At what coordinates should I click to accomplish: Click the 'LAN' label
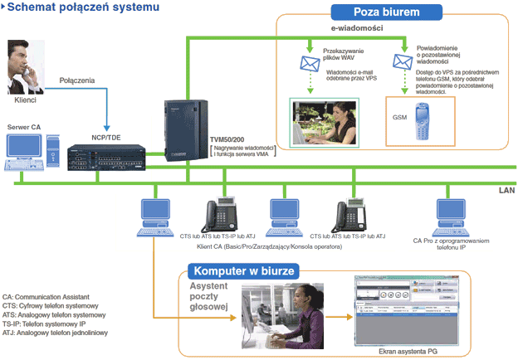click(506, 190)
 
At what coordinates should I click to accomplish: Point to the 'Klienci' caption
click(27, 100)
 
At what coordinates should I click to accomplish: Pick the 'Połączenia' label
click(77, 80)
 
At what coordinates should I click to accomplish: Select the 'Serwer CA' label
click(23, 126)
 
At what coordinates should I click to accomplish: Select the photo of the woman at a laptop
click(324, 122)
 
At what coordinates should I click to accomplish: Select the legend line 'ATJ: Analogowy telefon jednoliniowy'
click(59, 333)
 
